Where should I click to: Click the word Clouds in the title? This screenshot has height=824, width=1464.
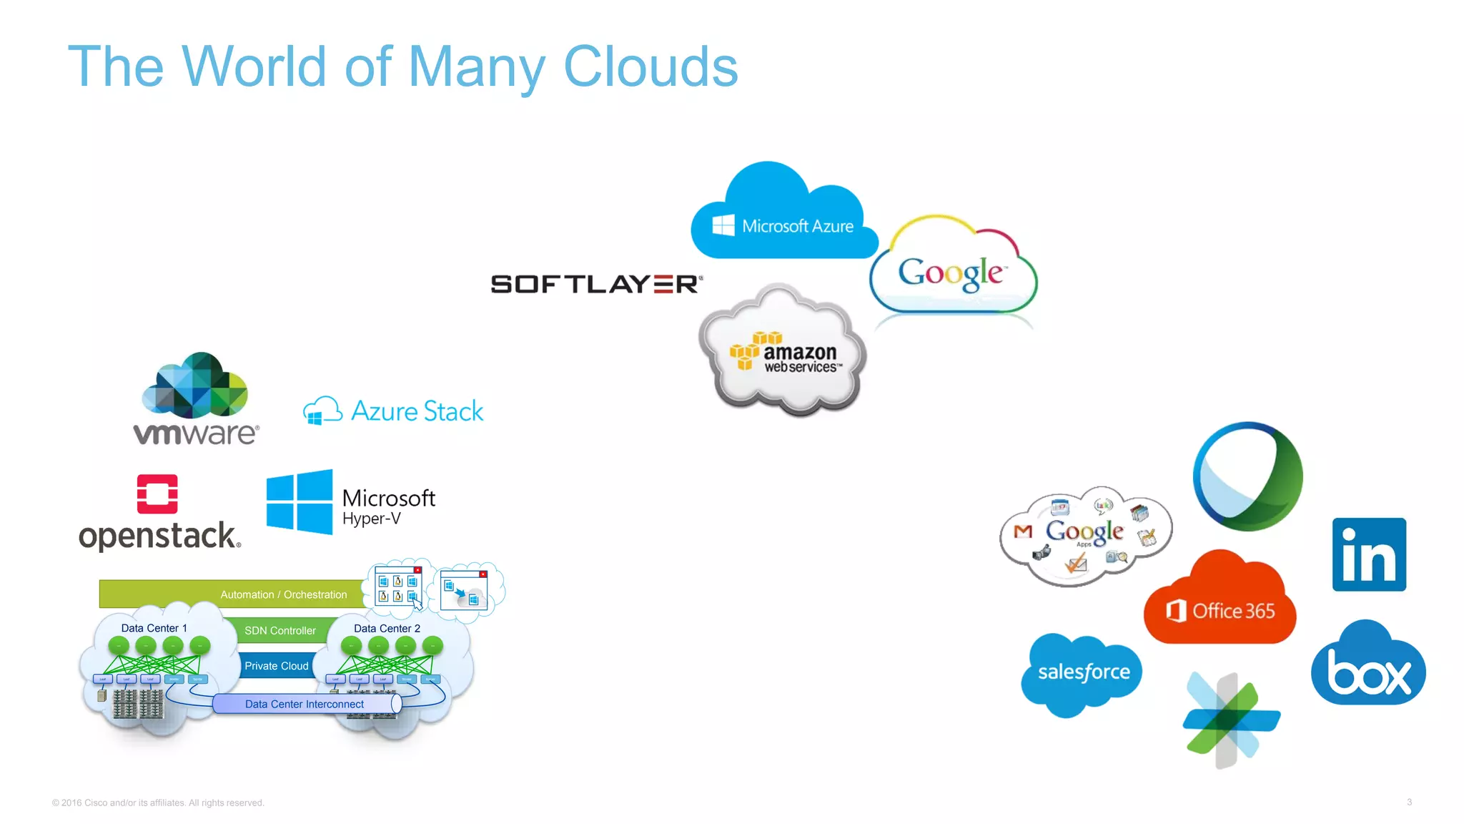click(x=650, y=67)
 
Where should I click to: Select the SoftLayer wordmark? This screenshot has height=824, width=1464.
click(x=596, y=284)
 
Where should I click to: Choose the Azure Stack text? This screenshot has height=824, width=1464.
click(x=417, y=411)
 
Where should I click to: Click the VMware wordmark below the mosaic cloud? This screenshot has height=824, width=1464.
click(x=196, y=433)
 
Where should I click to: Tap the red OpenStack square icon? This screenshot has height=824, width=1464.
click(x=157, y=494)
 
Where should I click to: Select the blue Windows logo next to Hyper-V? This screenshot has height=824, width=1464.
click(x=300, y=502)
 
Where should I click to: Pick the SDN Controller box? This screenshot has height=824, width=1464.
click(x=280, y=630)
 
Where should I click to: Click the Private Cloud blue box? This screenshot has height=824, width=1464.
click(x=276, y=666)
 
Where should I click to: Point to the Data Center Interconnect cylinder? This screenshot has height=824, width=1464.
click(x=306, y=704)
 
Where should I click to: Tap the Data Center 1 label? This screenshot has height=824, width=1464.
click(x=154, y=628)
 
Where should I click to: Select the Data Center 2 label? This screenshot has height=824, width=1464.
click(x=387, y=628)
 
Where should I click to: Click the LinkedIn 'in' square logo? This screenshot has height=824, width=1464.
click(x=1368, y=554)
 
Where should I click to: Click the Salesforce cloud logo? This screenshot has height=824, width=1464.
click(x=1083, y=672)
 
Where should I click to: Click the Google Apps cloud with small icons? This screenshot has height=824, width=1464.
click(x=1085, y=535)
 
